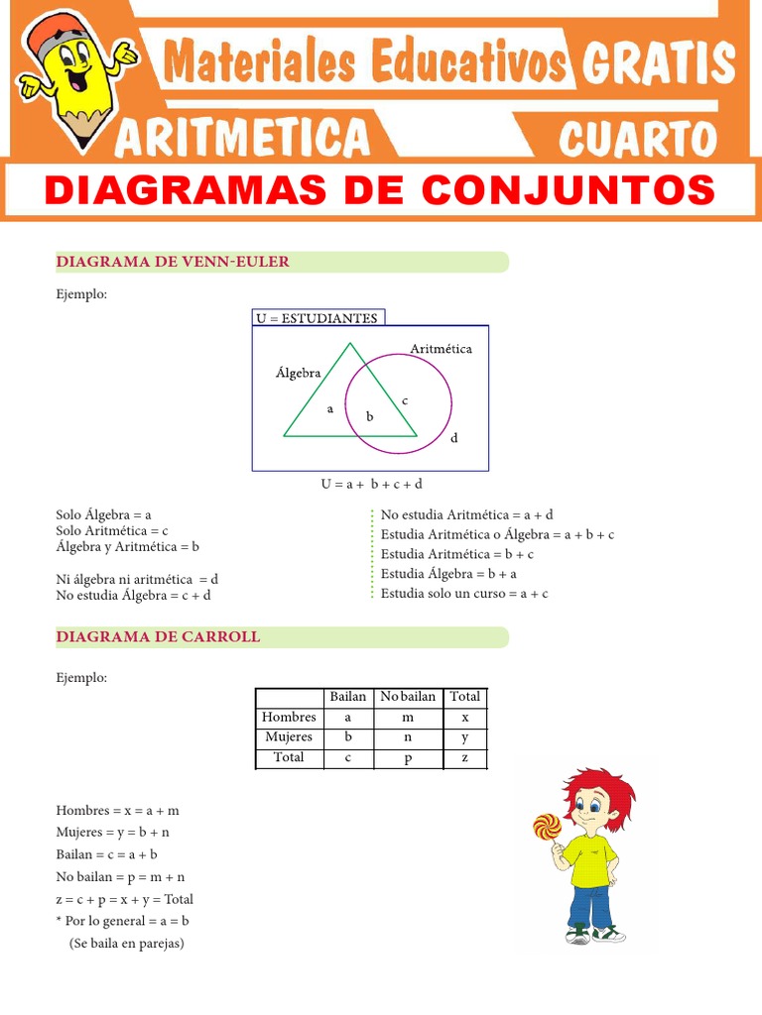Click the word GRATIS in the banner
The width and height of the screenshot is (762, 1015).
coord(659,63)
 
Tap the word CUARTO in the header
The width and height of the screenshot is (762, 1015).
coord(637,139)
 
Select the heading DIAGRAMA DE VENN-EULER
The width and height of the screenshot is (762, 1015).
coord(173,262)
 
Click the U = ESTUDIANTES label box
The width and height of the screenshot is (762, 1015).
coord(317,318)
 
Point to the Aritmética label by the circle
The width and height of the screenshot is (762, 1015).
coord(441,349)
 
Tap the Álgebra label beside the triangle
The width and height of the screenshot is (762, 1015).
coord(299,373)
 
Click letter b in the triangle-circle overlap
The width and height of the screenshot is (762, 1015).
coord(369,417)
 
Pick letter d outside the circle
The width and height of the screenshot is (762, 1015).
coord(454,437)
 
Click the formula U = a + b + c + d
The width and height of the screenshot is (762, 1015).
coord(371,484)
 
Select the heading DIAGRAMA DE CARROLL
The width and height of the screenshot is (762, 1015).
coord(159,636)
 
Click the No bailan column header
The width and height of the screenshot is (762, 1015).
coord(408,697)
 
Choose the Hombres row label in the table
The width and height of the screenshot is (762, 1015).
coord(289,717)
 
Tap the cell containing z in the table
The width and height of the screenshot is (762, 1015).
coord(465,758)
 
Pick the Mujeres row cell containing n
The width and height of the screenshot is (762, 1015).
coord(408,737)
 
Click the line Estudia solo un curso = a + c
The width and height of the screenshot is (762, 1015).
coord(464,593)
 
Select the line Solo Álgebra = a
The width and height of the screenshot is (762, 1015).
coord(103,514)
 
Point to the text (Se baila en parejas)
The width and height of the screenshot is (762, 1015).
coord(127,943)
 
